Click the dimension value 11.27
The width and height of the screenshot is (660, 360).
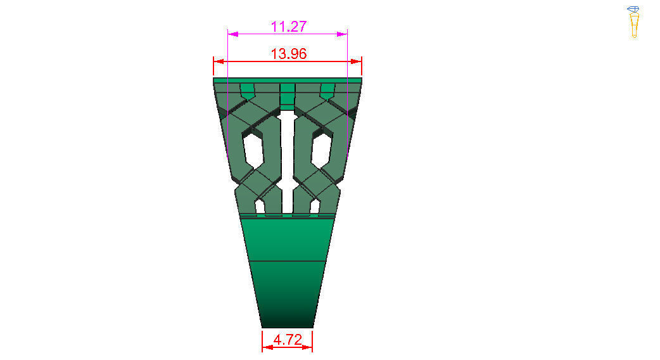tap(288, 27)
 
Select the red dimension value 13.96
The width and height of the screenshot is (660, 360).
tap(288, 54)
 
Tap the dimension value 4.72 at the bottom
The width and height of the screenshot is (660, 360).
tap(288, 339)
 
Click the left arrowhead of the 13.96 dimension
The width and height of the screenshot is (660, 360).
tap(219, 61)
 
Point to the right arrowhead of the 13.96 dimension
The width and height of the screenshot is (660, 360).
tap(356, 61)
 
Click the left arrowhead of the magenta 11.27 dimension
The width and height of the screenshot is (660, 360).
tap(232, 34)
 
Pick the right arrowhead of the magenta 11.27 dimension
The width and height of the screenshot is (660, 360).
tap(342, 34)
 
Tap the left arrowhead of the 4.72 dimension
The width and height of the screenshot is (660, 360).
tap(267, 347)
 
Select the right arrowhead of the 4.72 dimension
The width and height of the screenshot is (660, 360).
tap(307, 347)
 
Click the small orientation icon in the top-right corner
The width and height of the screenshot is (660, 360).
tap(633, 22)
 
